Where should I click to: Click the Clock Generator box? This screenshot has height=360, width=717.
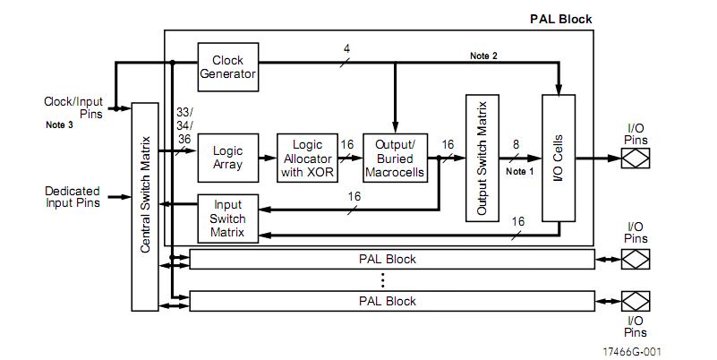pyautogui.click(x=227, y=67)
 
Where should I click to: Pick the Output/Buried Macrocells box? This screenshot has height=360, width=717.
pyautogui.click(x=394, y=158)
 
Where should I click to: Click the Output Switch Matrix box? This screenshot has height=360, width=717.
pyautogui.click(x=482, y=158)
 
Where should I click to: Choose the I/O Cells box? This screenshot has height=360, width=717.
pyautogui.click(x=558, y=158)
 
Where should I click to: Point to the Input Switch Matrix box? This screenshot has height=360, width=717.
pyautogui.click(x=227, y=218)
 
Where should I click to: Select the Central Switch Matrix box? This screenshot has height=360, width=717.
pyautogui.click(x=146, y=206)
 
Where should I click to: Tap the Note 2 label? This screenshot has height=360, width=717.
pyautogui.click(x=485, y=56)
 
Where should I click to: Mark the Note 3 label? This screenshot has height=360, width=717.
pyautogui.click(x=61, y=125)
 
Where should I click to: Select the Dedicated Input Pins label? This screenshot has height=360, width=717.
pyautogui.click(x=73, y=197)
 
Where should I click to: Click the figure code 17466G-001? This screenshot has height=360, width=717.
pyautogui.click(x=639, y=352)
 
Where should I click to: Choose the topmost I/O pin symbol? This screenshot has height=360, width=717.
pyautogui.click(x=636, y=159)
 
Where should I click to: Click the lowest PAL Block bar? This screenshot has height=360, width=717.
pyautogui.click(x=392, y=301)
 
